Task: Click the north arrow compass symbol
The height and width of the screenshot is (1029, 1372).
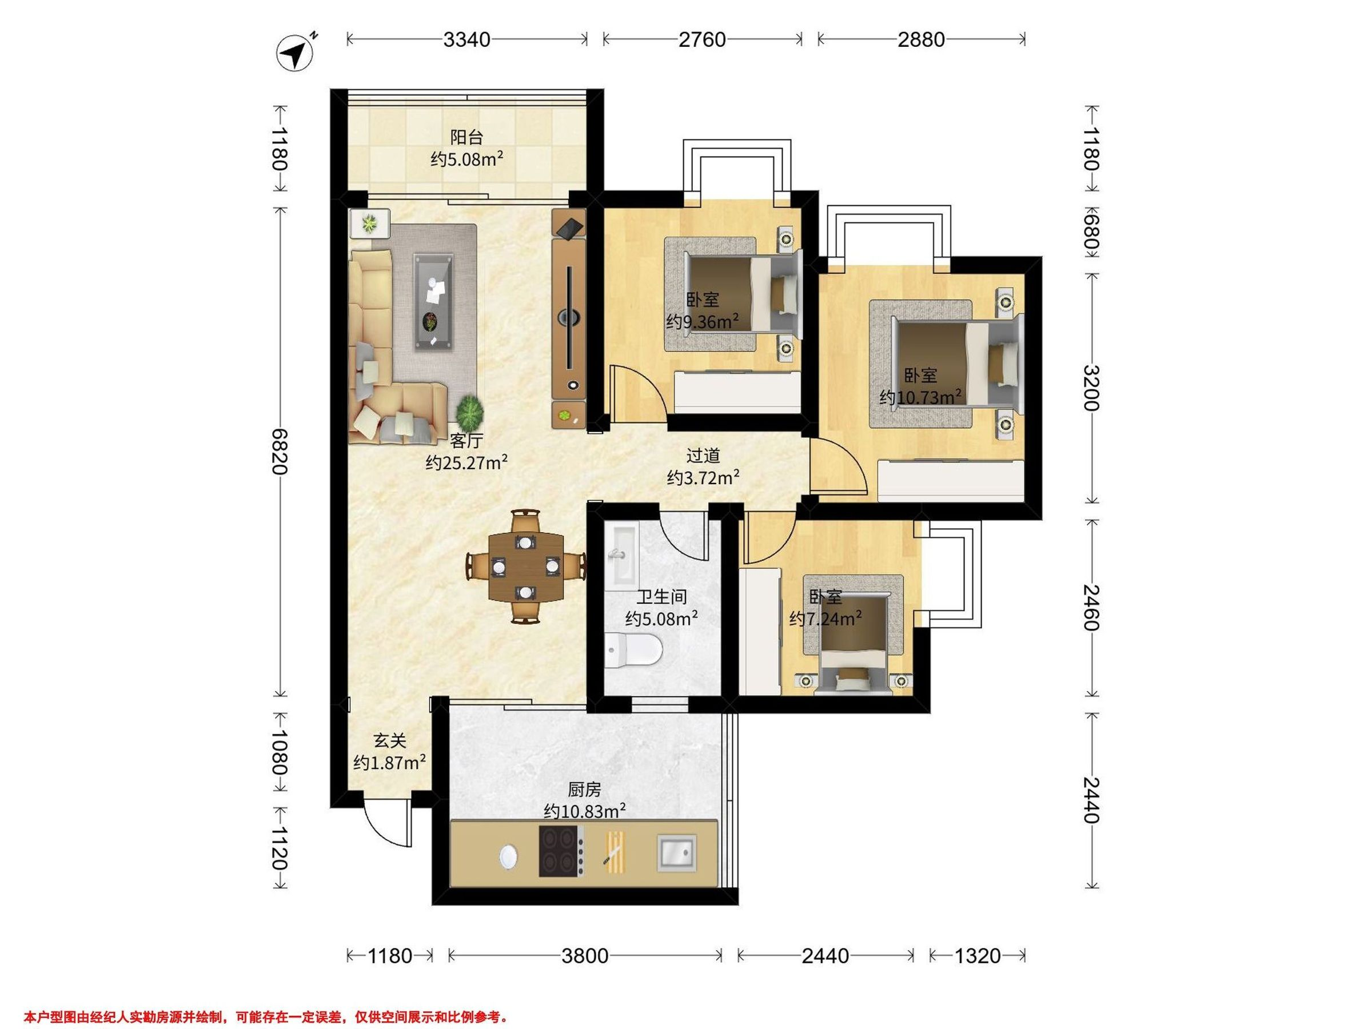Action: [x=295, y=53]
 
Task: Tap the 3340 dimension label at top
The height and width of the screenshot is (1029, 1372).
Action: [x=466, y=39]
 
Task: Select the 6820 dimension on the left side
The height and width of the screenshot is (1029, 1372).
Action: [x=280, y=451]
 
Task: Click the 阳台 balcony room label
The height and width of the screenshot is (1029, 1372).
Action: [x=466, y=137]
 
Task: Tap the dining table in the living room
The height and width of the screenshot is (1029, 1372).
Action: [x=526, y=567]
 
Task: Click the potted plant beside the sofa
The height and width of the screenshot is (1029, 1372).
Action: [x=469, y=410]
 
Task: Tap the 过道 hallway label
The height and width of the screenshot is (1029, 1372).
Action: [x=703, y=456]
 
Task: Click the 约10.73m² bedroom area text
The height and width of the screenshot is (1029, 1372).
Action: [x=920, y=396]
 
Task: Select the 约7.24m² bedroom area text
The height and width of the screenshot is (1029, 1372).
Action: [x=825, y=619]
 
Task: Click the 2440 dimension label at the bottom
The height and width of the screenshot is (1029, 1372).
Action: [x=825, y=956]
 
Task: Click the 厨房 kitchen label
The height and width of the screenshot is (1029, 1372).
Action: [x=584, y=789]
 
